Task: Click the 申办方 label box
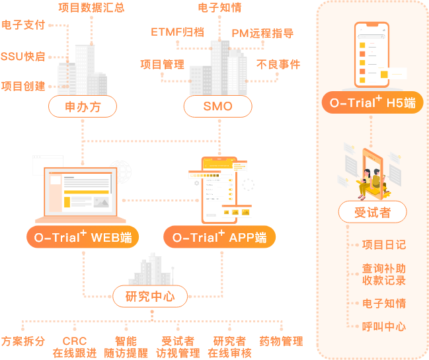point(83,106)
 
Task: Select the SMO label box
point(218,106)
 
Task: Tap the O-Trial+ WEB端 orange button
point(83,237)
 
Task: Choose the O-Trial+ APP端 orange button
point(219,237)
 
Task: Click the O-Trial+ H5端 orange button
point(373,102)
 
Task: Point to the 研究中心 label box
point(150,297)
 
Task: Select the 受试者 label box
point(372,213)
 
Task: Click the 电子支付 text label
point(24,25)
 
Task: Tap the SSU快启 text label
point(23,56)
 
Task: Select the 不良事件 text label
point(278,64)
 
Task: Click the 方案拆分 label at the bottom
point(23,341)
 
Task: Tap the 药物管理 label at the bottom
point(282,341)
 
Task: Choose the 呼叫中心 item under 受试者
point(384,326)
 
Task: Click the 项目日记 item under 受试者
point(384,244)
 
